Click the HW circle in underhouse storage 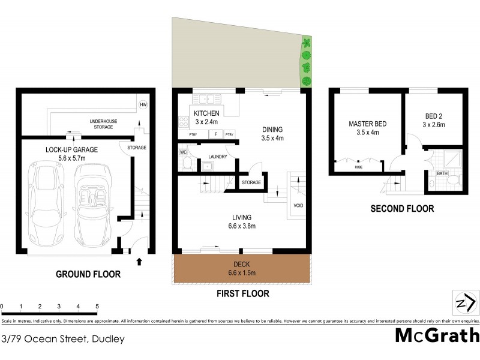click(x=143, y=105)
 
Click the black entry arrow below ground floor click(x=140, y=261)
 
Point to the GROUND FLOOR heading click(x=88, y=274)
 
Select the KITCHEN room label click(x=206, y=113)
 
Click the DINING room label click(x=272, y=130)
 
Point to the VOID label click(x=298, y=205)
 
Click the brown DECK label click(x=242, y=265)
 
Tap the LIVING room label click(x=242, y=217)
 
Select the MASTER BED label click(x=367, y=124)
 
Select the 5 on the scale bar click(x=97, y=307)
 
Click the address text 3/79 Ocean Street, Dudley click(x=63, y=339)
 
